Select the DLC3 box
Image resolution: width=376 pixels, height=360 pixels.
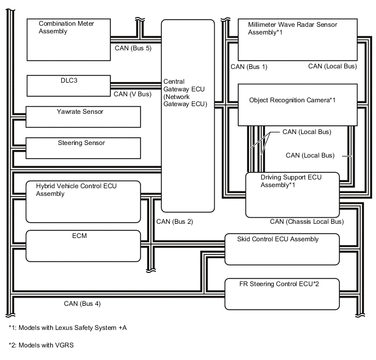click(x=68, y=86)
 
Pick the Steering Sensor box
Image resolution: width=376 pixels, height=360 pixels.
click(x=84, y=148)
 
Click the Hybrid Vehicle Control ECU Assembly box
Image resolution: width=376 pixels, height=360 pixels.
click(x=84, y=202)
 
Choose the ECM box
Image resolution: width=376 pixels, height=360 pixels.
click(x=84, y=246)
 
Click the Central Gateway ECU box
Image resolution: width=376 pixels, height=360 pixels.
click(x=187, y=116)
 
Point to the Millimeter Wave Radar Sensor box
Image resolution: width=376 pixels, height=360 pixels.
click(x=297, y=39)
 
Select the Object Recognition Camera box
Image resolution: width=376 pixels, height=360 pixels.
click(x=297, y=104)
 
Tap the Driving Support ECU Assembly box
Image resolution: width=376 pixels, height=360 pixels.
click(x=293, y=194)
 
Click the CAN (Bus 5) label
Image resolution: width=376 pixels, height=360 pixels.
click(x=133, y=48)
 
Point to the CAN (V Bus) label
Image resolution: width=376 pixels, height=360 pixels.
click(x=132, y=94)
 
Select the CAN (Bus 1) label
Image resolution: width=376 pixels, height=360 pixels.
click(x=249, y=67)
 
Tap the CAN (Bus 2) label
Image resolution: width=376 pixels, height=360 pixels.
click(x=174, y=222)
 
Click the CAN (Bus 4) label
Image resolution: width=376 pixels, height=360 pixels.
click(x=82, y=303)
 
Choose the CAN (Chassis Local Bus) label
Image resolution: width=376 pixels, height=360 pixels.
click(x=307, y=222)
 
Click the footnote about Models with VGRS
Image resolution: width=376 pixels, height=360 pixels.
click(x=41, y=346)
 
